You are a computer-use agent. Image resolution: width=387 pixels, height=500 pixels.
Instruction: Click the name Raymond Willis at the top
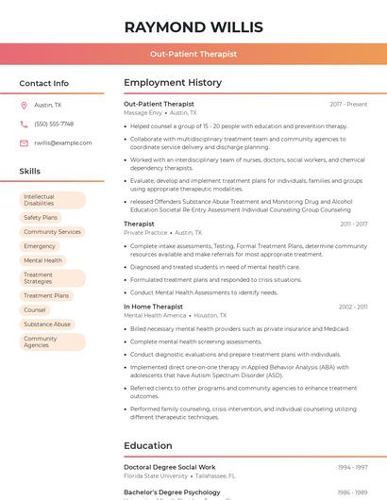193,26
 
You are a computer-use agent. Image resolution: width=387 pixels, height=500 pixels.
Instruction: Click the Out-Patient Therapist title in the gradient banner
193,55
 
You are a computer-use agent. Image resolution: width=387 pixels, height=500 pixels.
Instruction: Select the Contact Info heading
44,83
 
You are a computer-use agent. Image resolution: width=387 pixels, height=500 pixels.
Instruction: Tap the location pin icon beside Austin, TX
24,106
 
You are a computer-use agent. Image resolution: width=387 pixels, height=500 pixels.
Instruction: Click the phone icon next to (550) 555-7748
24,125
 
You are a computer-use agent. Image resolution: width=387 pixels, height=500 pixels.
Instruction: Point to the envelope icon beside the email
24,143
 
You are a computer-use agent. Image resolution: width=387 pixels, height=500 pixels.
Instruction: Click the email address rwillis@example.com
57,143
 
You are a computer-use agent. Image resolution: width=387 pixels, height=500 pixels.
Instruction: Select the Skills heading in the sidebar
30,172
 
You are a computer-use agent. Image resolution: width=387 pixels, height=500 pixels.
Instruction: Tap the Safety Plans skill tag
41,217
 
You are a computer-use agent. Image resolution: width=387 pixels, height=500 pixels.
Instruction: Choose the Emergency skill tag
40,246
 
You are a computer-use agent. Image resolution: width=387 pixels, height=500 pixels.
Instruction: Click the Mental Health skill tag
42,260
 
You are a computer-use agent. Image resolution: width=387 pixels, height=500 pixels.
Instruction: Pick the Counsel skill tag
35,309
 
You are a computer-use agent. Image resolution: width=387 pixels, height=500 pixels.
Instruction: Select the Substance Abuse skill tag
47,324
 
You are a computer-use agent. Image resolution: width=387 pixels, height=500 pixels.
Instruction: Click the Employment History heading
173,83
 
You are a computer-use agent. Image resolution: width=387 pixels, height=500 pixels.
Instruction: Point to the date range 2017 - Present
348,104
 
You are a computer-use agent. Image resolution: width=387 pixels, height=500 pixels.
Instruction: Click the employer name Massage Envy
143,112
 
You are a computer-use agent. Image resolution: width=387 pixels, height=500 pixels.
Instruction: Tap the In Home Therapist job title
154,307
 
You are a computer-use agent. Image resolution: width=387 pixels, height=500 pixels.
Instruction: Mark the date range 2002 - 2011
353,307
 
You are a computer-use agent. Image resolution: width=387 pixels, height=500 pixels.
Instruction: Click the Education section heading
148,445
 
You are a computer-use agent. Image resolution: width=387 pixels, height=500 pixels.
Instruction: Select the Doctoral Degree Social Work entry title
170,467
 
